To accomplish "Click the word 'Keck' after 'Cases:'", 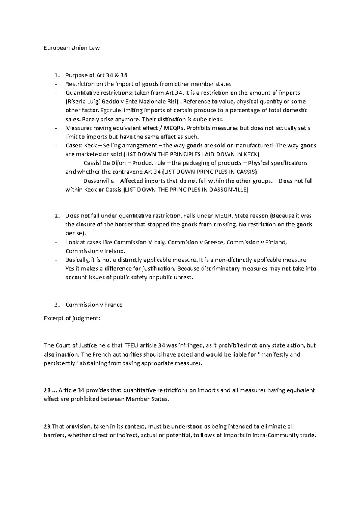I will [x=91, y=146].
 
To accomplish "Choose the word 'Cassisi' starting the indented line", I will [x=92, y=163].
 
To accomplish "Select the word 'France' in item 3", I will [x=113, y=305].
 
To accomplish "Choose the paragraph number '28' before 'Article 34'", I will [x=47, y=390].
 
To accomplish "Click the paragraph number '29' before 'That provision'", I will [x=47, y=427].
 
